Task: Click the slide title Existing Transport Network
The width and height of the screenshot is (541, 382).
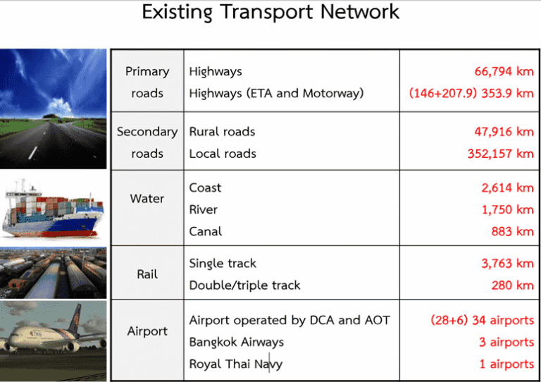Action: [270, 12]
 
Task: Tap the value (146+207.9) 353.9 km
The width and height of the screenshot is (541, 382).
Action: [471, 93]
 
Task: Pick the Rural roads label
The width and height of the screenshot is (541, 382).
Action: [222, 132]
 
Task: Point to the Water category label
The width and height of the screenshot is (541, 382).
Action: [147, 199]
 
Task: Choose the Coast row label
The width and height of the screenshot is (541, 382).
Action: [205, 187]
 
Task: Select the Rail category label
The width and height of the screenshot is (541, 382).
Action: [147, 274]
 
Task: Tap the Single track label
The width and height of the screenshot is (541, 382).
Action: [223, 264]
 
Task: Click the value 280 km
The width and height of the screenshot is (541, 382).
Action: [512, 285]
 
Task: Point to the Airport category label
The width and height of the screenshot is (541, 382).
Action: [147, 331]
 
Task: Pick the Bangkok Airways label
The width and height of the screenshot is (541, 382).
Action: [236, 342]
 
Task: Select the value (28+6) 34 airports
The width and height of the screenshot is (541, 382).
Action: [482, 320]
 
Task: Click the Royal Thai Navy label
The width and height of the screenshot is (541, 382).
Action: [236, 364]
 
